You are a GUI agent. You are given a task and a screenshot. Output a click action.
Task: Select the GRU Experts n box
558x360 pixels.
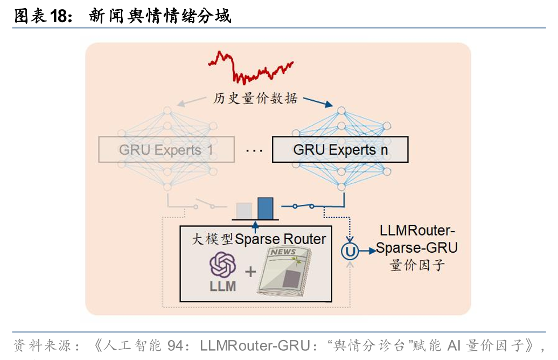tap(340, 149)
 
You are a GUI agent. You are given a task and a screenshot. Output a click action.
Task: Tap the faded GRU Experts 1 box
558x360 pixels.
tap(166, 149)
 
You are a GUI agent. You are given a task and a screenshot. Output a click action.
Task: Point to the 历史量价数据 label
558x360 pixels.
tap(255, 99)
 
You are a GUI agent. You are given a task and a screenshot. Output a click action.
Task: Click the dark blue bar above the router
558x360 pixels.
tap(265, 208)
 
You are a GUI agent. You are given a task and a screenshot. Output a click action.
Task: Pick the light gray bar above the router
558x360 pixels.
tap(243, 210)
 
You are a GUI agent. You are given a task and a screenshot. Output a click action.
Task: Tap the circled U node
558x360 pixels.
tap(350, 251)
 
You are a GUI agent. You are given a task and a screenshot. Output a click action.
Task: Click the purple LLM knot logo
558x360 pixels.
tap(222, 265)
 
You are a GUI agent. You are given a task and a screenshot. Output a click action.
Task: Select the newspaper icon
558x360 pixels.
tap(285, 272)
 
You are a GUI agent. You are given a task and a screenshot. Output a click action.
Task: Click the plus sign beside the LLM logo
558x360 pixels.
tap(250, 271)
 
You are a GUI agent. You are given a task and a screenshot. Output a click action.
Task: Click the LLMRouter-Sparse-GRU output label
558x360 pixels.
tap(417, 239)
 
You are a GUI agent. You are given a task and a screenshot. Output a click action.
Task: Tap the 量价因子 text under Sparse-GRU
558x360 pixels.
tap(417, 265)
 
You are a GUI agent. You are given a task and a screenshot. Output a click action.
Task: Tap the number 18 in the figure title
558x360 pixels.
tap(60, 16)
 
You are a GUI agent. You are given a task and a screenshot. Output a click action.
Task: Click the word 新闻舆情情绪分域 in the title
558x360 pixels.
tap(159, 16)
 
